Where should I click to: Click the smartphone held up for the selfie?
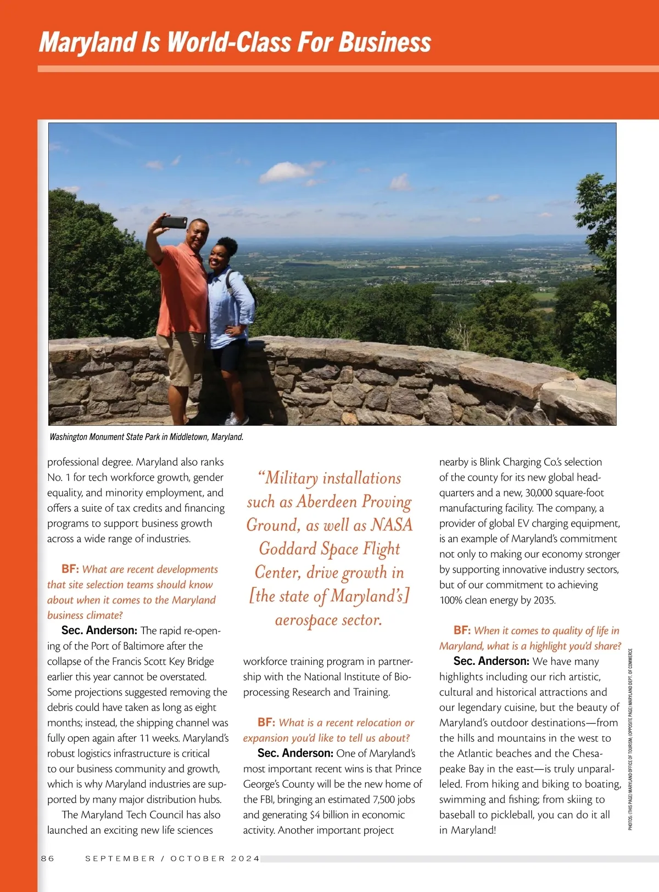click(x=174, y=222)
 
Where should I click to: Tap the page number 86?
click(x=48, y=859)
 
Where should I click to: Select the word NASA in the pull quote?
click(x=391, y=525)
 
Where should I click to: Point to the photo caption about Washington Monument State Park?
click(x=146, y=437)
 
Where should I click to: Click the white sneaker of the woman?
click(x=237, y=420)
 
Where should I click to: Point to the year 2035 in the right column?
click(x=544, y=600)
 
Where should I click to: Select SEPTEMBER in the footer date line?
click(x=120, y=859)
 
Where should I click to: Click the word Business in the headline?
click(x=384, y=43)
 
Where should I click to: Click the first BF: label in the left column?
click(x=70, y=569)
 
